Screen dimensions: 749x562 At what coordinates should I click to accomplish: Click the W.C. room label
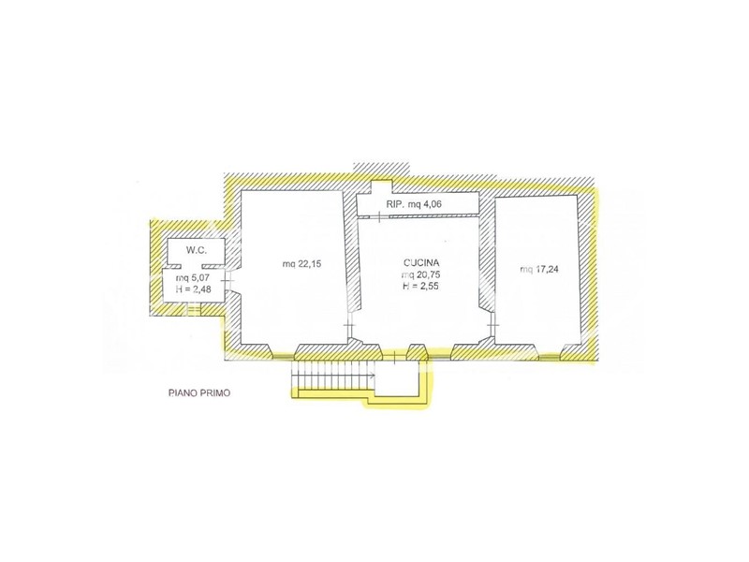tap(197, 250)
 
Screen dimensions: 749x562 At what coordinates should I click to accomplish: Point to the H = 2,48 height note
tap(194, 288)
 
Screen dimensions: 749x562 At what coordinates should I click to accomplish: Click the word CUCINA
tap(420, 263)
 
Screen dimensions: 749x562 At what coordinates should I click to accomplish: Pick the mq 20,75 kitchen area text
tap(420, 274)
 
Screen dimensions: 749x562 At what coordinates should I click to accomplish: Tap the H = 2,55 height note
tap(420, 287)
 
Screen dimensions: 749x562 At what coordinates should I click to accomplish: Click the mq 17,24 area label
tap(539, 270)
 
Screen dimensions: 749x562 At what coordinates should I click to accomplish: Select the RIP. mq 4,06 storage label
tap(414, 204)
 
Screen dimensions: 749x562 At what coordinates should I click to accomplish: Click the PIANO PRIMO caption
tap(199, 393)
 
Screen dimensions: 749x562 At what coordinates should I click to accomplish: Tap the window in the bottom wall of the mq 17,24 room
tap(550, 356)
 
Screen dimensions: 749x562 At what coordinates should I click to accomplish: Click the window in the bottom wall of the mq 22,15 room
tap(284, 356)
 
